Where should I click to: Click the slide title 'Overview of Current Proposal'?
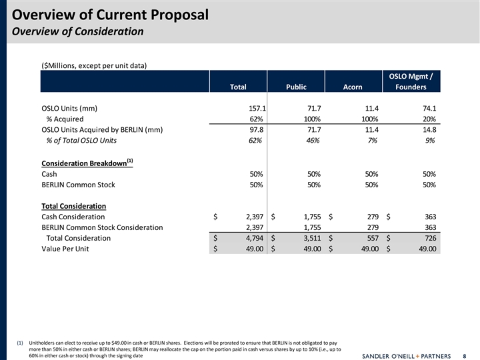click(x=111, y=15)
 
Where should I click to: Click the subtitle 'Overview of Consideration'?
click(x=78, y=31)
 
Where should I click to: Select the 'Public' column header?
click(x=296, y=87)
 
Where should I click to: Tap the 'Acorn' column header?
click(x=352, y=87)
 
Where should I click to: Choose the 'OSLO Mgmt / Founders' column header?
click(x=411, y=81)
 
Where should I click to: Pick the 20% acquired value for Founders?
click(x=428, y=119)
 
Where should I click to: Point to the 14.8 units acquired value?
click(x=427, y=130)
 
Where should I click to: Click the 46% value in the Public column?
click(x=312, y=141)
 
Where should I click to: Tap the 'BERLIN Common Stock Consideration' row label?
click(x=102, y=227)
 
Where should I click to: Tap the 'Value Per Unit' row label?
click(x=65, y=249)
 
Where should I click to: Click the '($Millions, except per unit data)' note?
click(x=94, y=65)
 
